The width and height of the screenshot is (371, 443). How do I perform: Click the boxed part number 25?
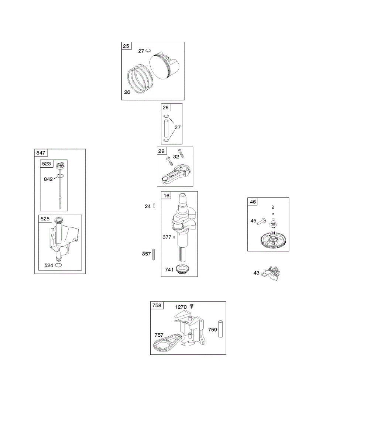point(126,46)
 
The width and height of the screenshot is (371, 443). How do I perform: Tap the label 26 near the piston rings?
point(127,92)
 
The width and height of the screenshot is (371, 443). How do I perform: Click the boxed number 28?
point(165,107)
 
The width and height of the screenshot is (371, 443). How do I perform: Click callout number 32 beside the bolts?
point(176,157)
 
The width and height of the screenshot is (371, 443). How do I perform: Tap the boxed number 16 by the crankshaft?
point(167,196)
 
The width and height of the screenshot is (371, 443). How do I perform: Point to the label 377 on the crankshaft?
point(167,237)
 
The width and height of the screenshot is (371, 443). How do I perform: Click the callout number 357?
point(146,254)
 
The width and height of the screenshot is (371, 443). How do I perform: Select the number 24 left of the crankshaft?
point(148,206)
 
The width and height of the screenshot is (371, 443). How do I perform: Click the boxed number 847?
point(40,153)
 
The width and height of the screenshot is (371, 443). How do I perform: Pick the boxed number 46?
point(253,202)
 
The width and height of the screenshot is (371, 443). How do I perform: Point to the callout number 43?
point(256,273)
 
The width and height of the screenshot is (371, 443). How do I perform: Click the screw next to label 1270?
point(192,306)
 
